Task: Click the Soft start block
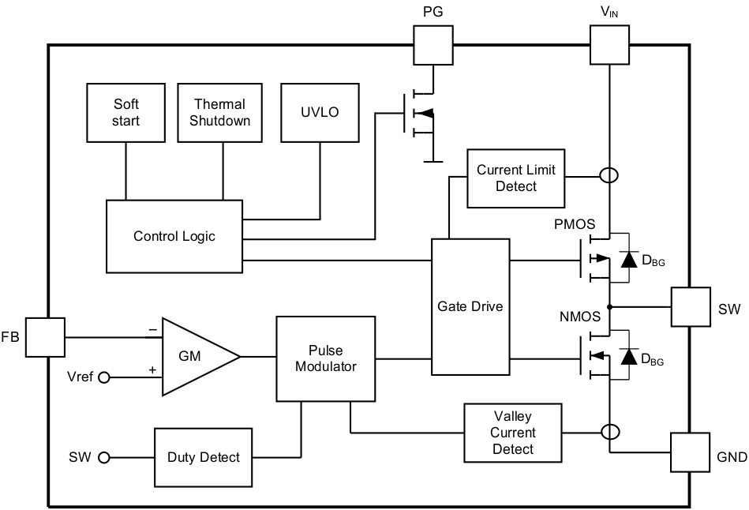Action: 126,112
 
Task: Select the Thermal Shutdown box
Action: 222,112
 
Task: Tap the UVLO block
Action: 320,112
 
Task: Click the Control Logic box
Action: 174,236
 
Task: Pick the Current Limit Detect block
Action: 515,178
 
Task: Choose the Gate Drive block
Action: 470,306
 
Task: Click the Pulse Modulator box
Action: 326,358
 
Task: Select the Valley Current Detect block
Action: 513,433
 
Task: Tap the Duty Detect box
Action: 203,458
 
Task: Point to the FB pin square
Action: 44,337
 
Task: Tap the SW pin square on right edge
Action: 690,307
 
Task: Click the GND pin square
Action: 690,452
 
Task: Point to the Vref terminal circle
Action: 103,377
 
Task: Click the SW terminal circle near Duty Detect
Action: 103,458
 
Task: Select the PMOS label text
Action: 575,224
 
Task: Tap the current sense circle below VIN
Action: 609,175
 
